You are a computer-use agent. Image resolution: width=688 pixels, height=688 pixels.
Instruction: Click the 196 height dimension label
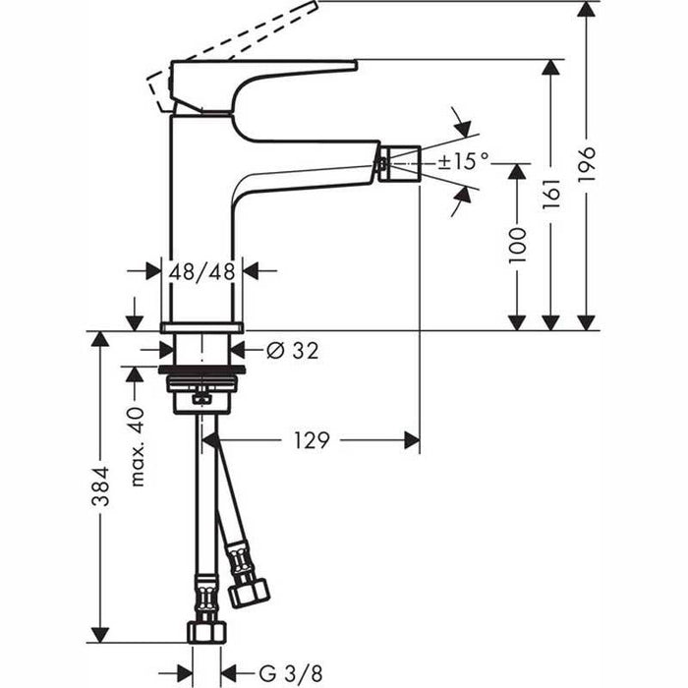pos(587,164)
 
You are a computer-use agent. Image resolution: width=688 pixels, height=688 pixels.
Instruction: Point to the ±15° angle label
pos(463,160)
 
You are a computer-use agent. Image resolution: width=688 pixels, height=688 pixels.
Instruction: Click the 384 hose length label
pos(99,486)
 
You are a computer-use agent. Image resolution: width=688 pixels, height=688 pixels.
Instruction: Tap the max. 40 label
pos(137,447)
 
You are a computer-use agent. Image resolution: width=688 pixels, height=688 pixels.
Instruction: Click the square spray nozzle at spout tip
pos(401,161)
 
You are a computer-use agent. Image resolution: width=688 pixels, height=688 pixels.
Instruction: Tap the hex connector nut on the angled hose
pos(247,592)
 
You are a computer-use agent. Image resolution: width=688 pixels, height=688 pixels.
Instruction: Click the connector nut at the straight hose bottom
pos(205,628)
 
